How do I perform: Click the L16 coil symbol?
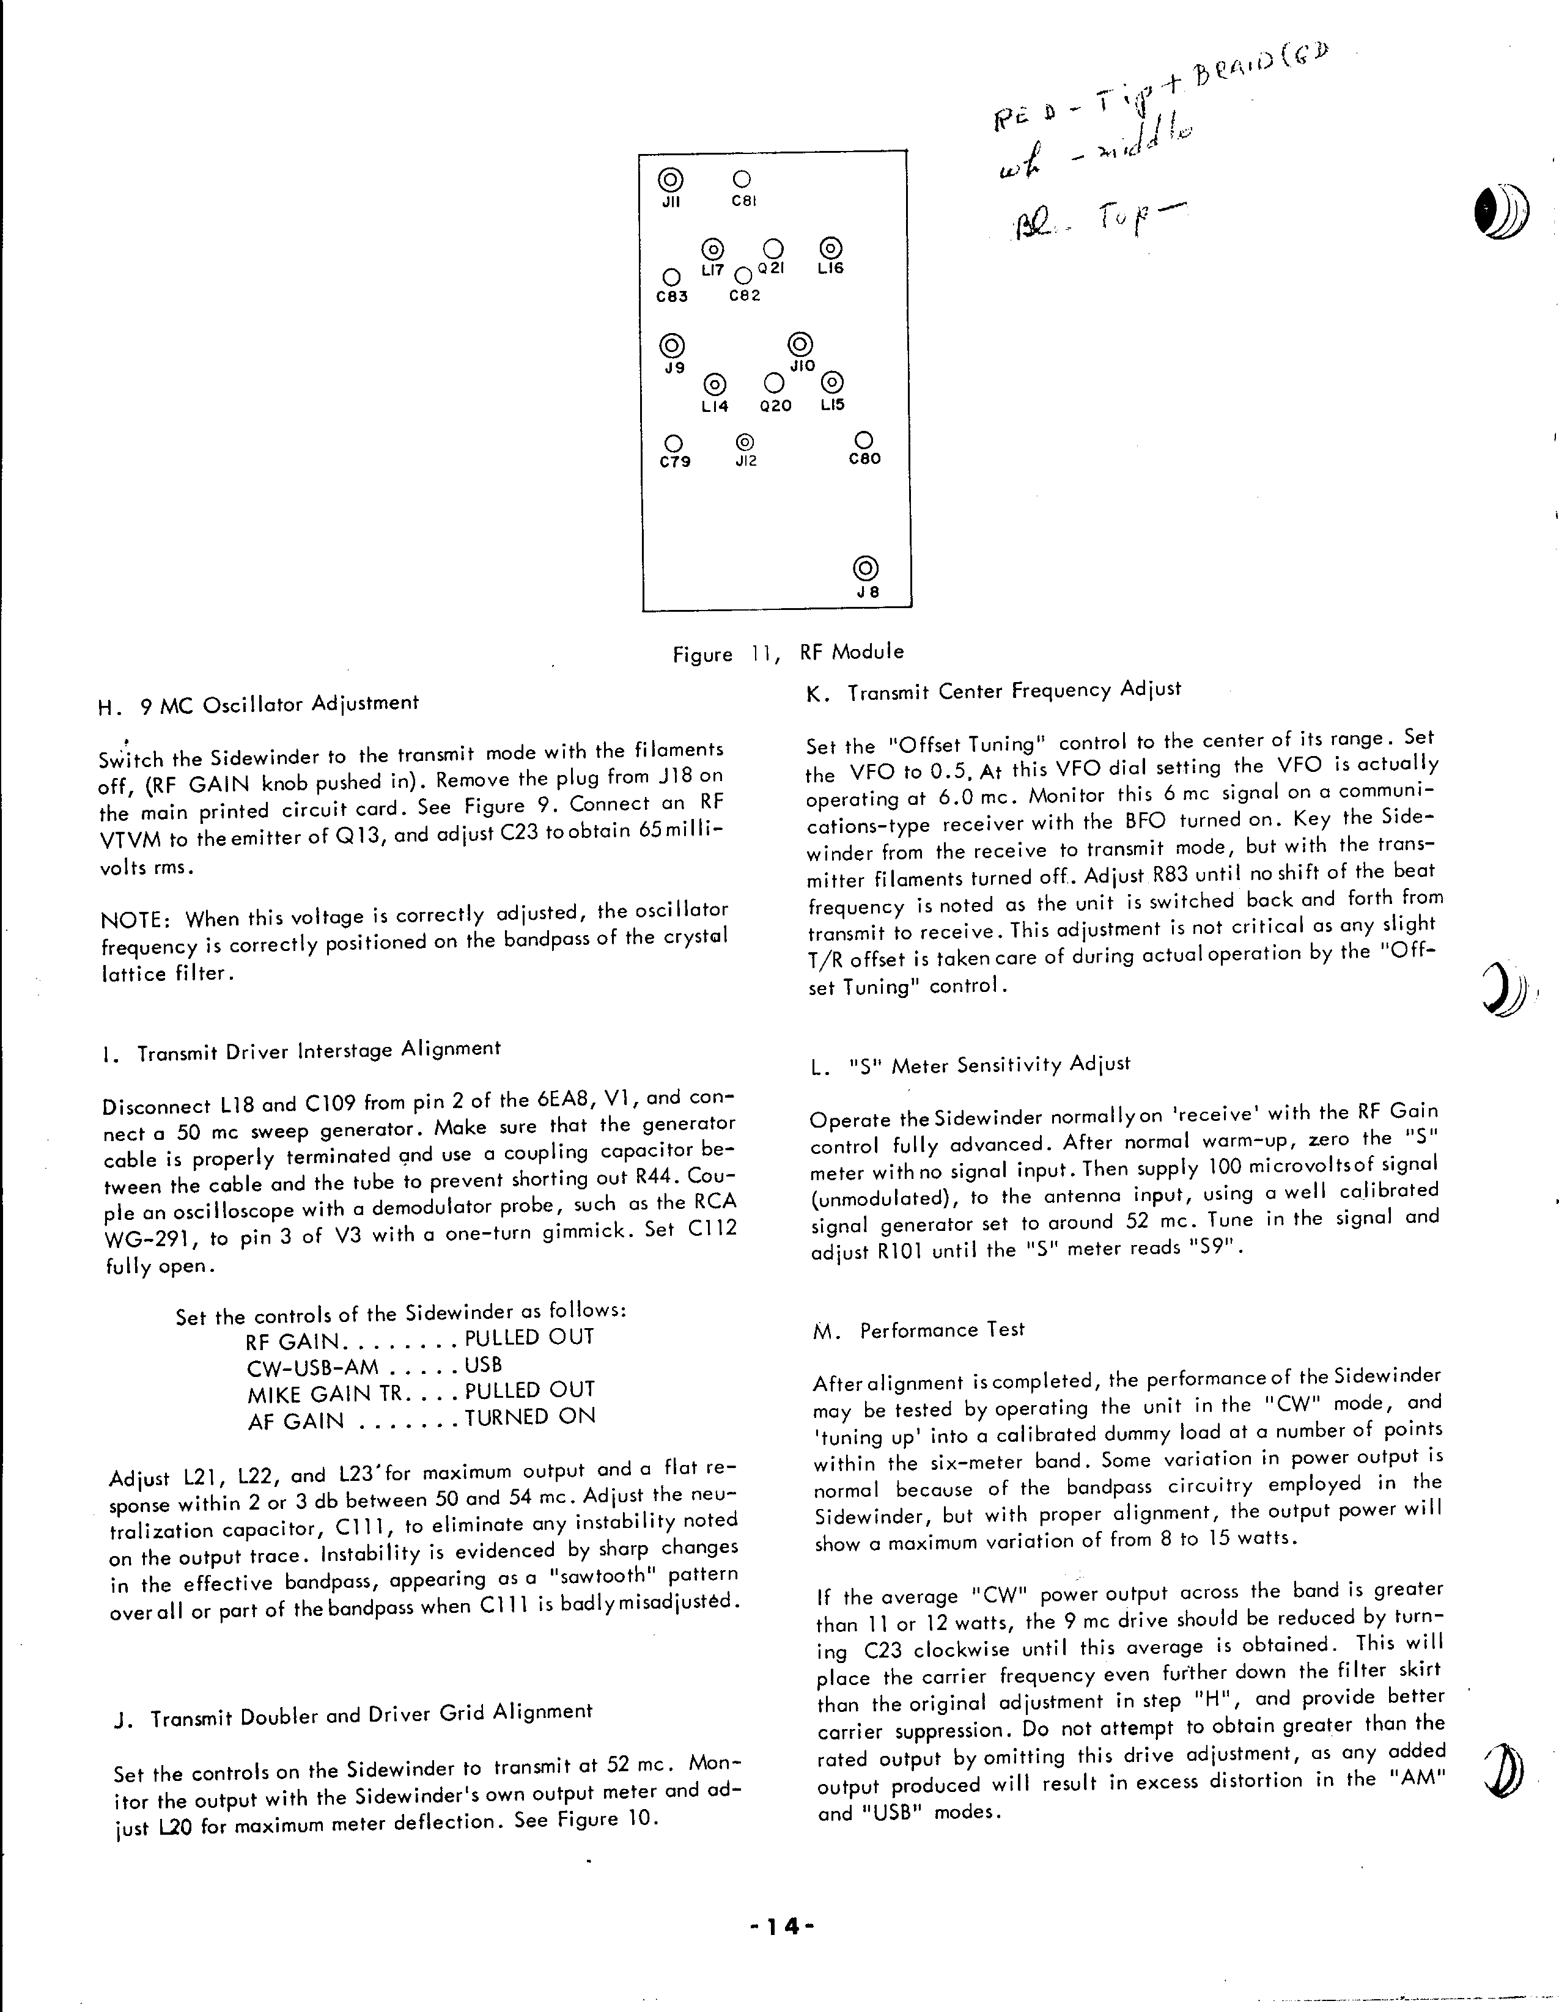coord(830,248)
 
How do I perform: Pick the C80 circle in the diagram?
coord(864,441)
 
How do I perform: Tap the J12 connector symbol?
coord(745,442)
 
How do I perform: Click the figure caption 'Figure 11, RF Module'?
coord(788,653)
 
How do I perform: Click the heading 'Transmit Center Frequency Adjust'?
coord(1014,691)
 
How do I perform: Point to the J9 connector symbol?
coord(672,345)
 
